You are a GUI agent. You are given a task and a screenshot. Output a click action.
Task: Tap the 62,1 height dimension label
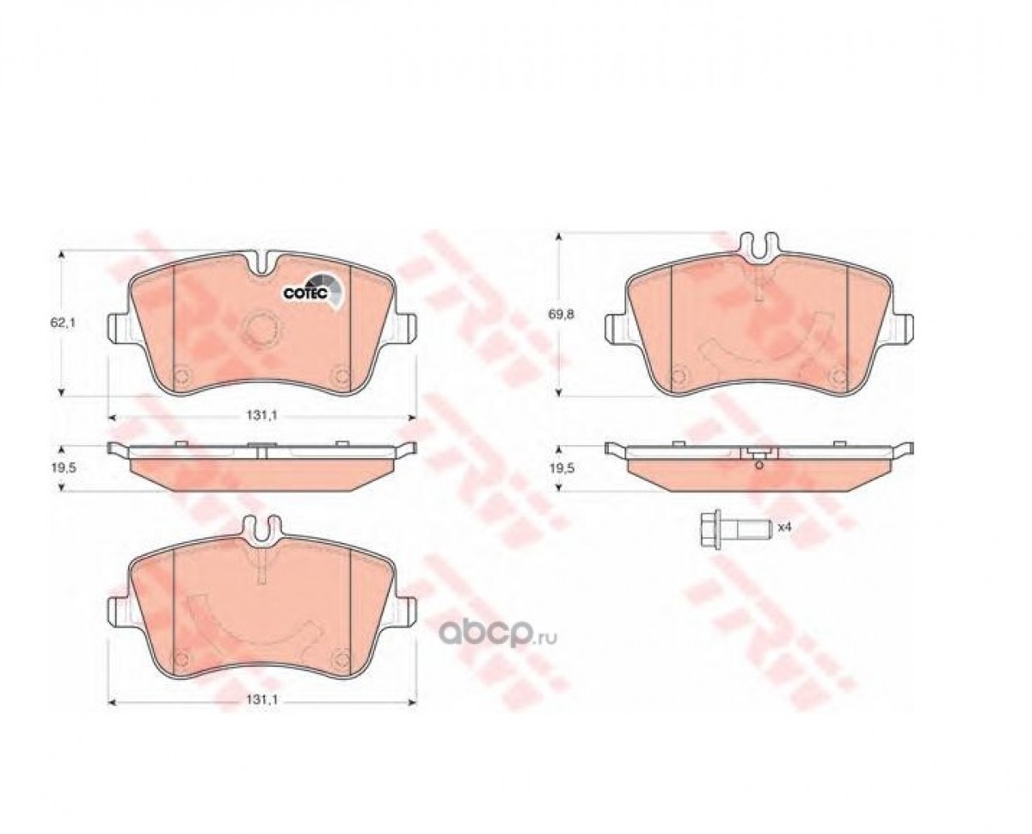pos(62,323)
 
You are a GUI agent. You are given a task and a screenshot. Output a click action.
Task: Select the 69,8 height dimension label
pos(562,314)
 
